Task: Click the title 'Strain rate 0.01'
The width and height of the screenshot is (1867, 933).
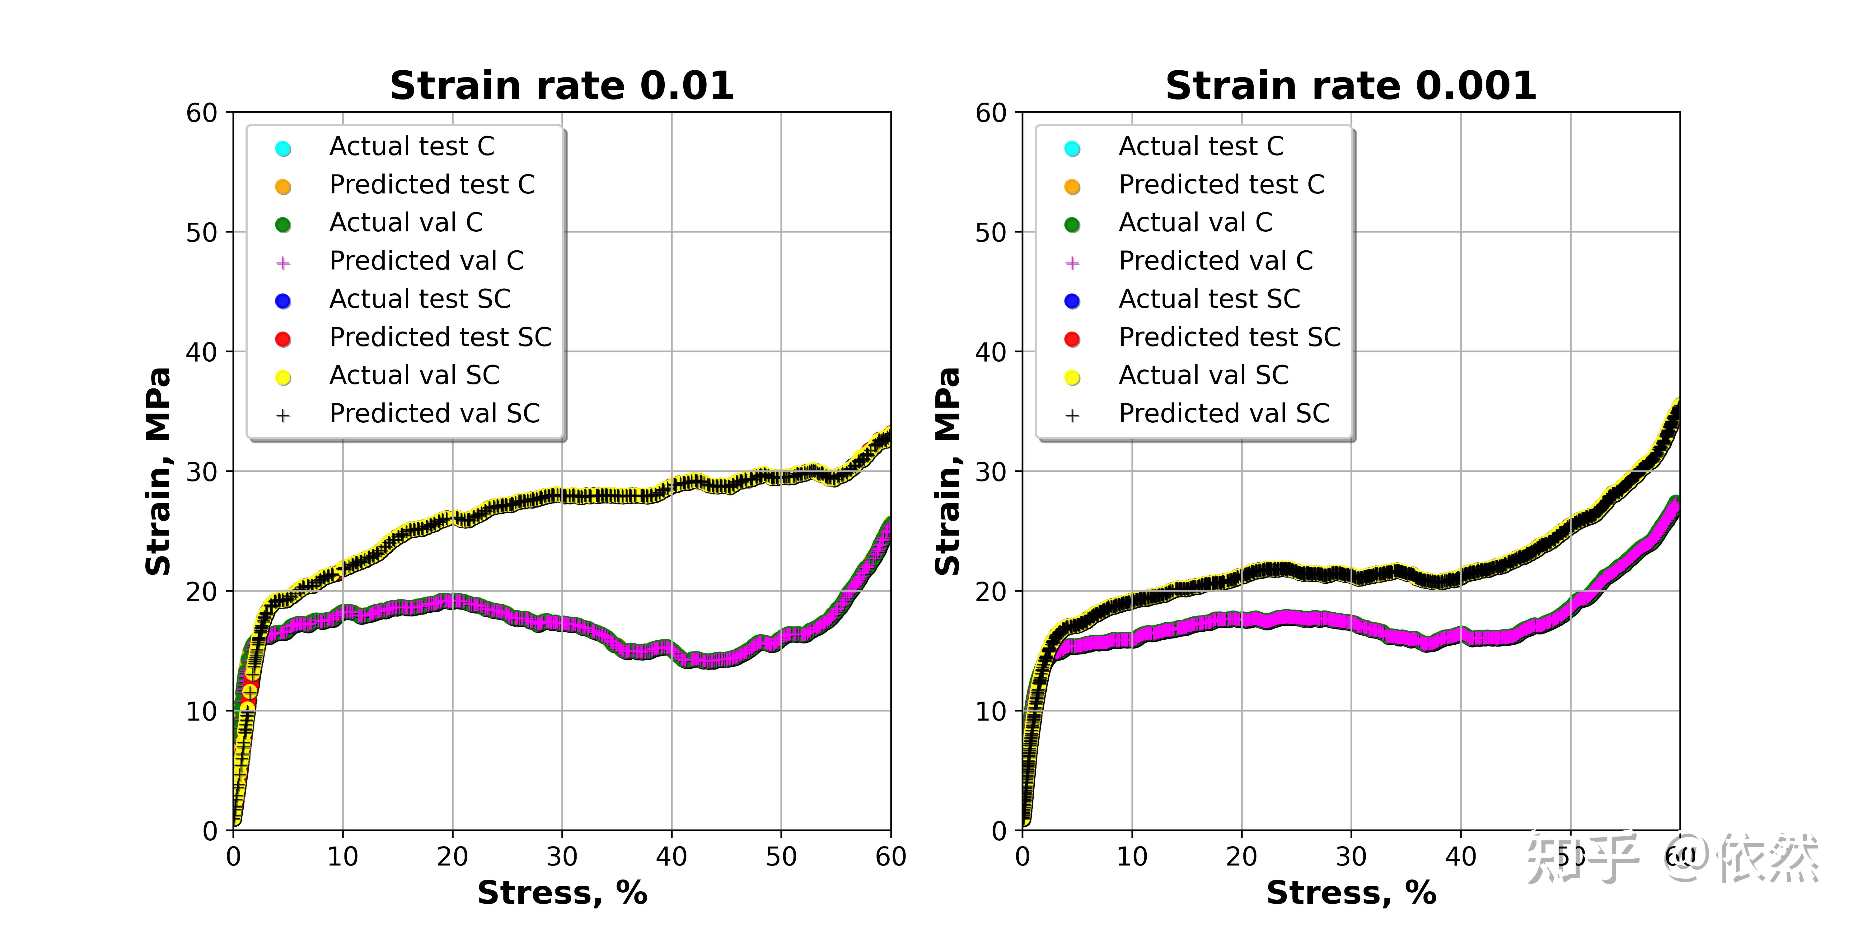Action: point(562,86)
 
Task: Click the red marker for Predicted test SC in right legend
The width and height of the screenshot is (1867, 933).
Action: point(1072,339)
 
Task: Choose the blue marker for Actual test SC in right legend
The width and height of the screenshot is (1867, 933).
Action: point(1072,301)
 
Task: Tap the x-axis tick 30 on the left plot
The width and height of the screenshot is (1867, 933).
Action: point(562,857)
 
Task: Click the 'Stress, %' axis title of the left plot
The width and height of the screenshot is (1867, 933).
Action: point(562,893)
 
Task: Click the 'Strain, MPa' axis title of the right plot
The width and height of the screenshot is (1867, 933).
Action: point(947,471)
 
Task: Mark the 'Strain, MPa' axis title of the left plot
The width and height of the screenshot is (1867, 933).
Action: point(158,471)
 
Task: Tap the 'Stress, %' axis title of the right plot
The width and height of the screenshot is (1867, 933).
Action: point(1351,893)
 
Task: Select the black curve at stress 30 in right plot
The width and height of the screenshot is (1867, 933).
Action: point(1351,576)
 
